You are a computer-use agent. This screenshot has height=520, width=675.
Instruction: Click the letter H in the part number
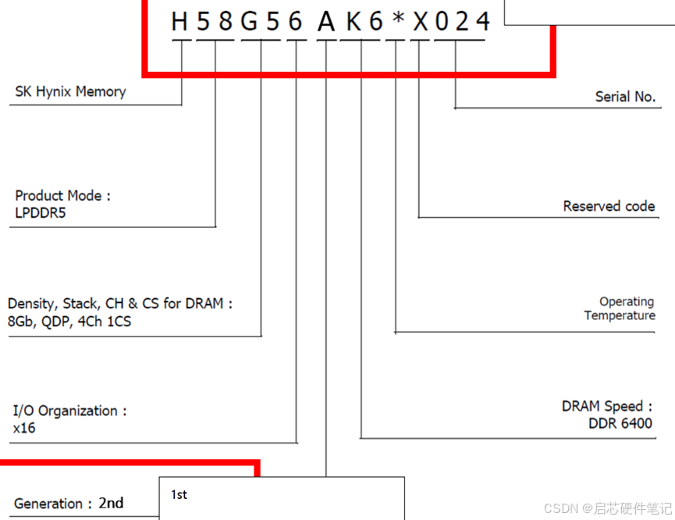(180, 21)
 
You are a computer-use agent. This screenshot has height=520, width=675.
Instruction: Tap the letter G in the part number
(250, 21)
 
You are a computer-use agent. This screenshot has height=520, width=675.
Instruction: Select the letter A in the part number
(326, 21)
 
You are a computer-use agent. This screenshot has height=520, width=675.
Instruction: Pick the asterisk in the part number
(397, 20)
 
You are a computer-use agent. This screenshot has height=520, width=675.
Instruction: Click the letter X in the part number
(421, 21)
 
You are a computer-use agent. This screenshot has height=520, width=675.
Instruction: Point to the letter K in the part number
(353, 21)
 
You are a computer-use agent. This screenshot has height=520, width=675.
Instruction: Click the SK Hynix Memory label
(70, 91)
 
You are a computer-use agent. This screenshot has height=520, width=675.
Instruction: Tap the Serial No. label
(625, 97)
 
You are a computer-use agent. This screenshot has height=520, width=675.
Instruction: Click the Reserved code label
(609, 206)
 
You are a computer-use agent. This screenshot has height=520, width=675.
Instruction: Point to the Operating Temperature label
(620, 308)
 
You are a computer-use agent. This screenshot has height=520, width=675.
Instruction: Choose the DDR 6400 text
(620, 424)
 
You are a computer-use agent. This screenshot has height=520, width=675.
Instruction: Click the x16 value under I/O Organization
(24, 428)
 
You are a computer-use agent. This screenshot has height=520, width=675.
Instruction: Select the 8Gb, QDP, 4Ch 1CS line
(69, 322)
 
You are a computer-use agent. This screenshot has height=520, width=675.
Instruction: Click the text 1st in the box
(179, 495)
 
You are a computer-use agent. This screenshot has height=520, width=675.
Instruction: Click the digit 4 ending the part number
(482, 21)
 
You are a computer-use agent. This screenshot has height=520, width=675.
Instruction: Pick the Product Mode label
(63, 196)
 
